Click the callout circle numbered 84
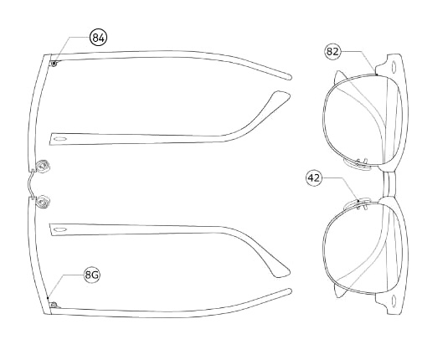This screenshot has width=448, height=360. (99, 38)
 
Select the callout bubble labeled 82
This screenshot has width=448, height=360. (332, 51)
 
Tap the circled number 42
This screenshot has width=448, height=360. (314, 178)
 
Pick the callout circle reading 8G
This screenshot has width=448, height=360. (92, 275)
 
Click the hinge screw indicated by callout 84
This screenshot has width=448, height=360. (54, 64)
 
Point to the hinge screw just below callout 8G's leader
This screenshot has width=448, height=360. (54, 305)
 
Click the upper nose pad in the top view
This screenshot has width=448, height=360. (44, 167)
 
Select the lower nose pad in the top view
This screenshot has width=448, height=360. (44, 202)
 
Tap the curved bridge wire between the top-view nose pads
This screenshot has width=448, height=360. (29, 184)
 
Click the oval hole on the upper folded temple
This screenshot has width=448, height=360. (60, 139)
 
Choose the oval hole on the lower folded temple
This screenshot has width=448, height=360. (60, 229)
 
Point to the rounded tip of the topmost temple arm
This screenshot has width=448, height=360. (289, 76)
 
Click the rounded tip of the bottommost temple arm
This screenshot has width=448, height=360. (289, 291)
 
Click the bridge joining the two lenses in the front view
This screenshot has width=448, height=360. (389, 184)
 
